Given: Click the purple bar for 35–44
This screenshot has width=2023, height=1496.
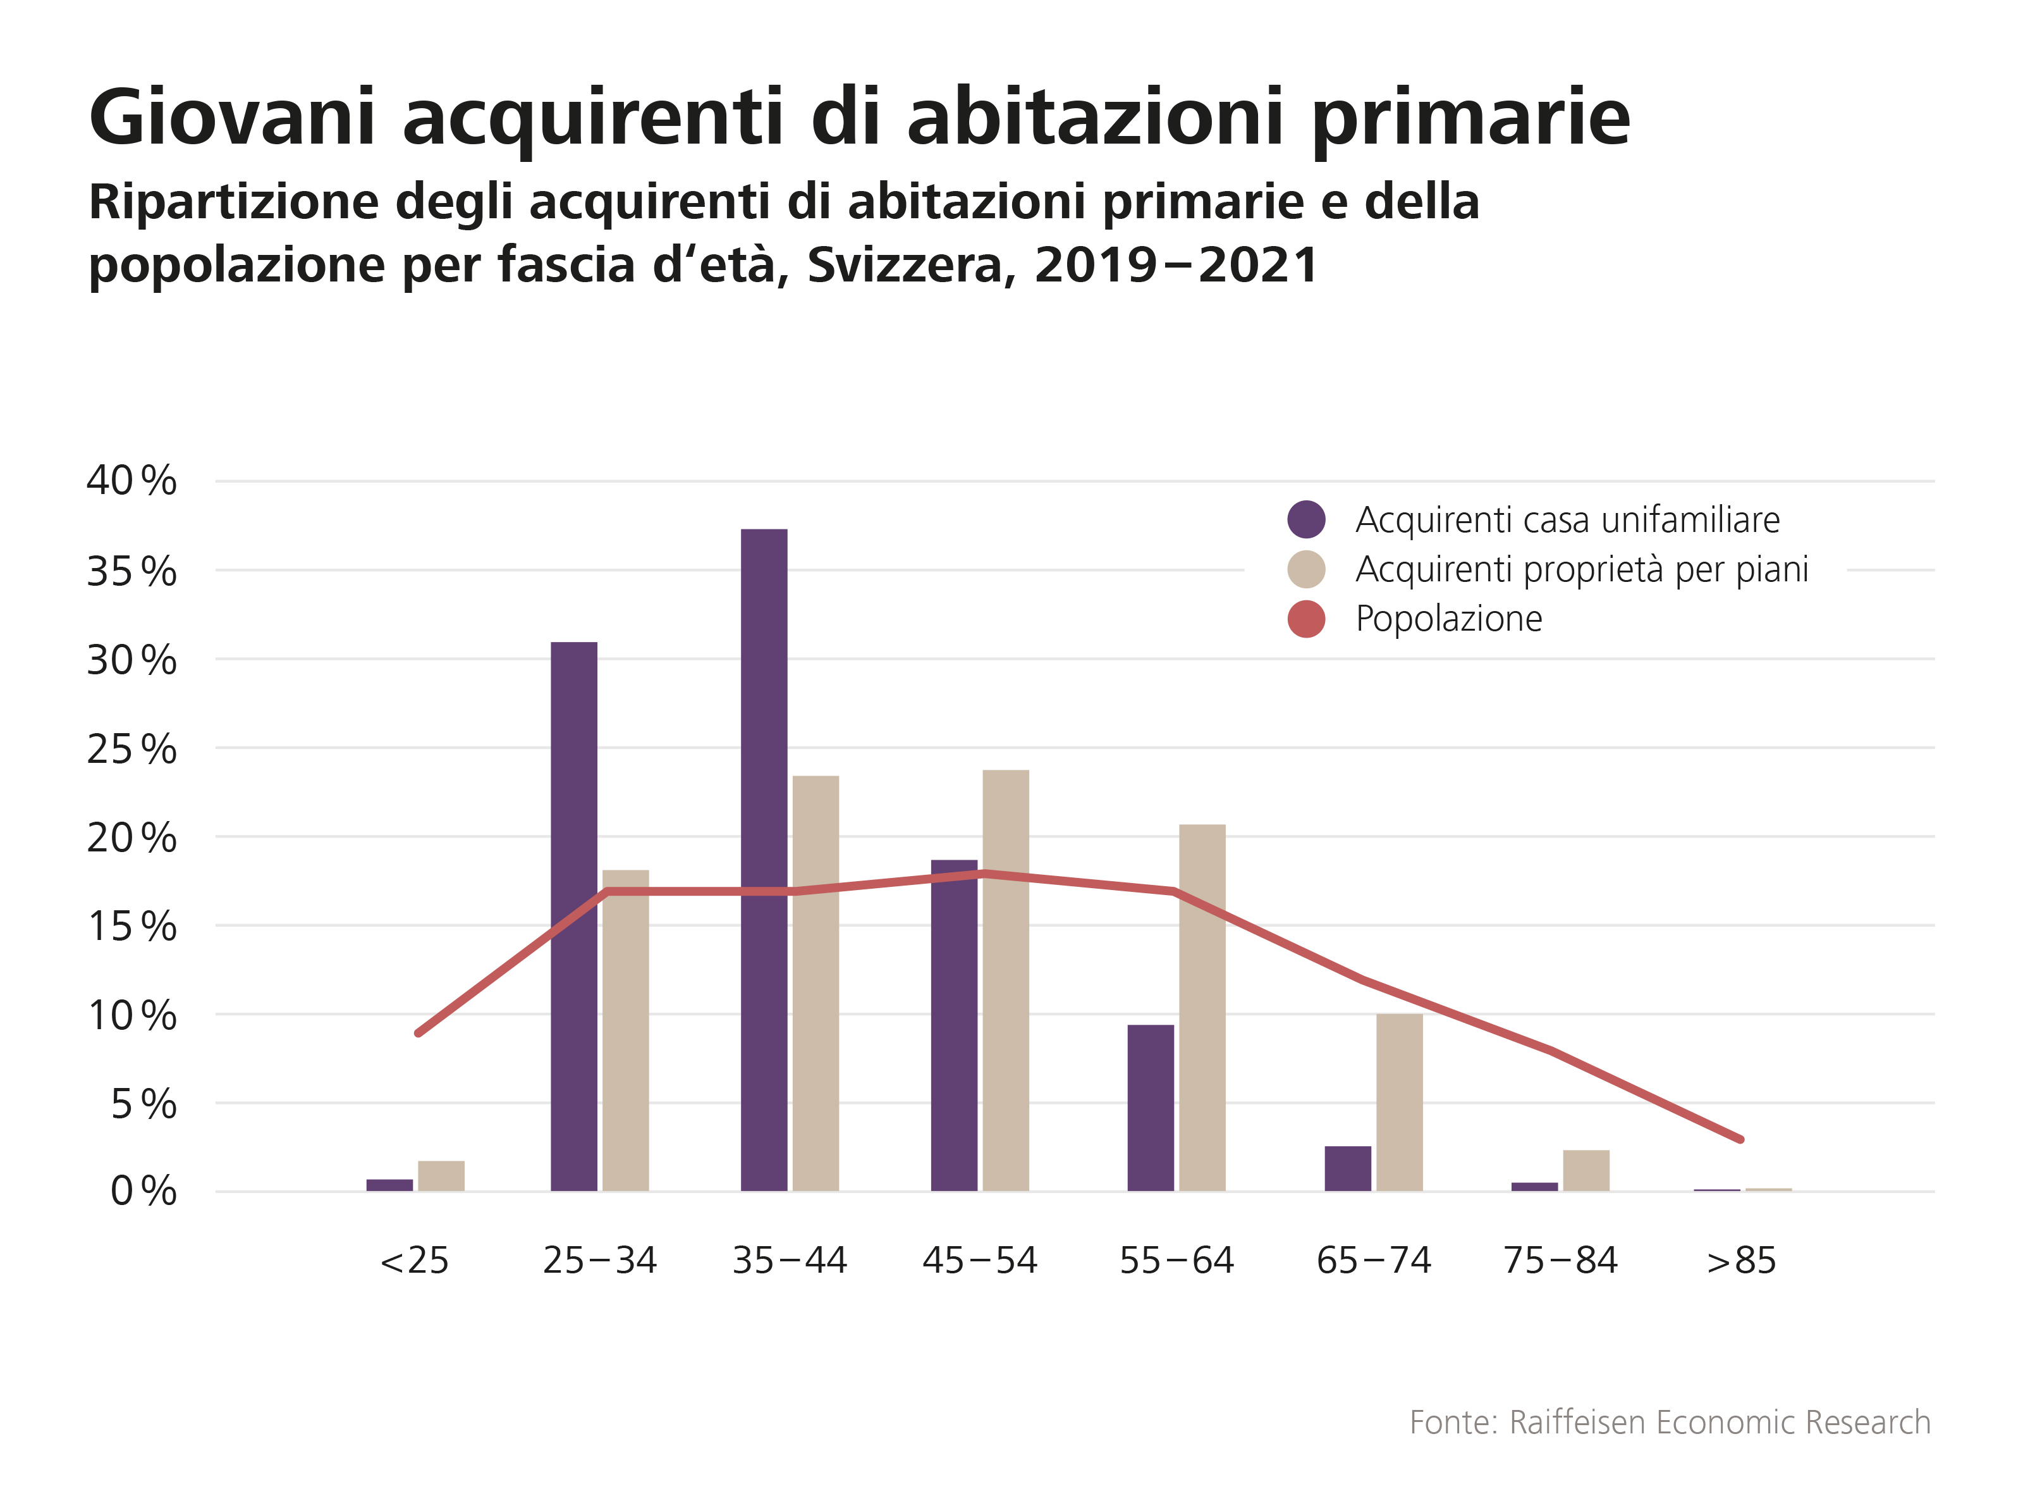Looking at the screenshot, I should pos(763,860).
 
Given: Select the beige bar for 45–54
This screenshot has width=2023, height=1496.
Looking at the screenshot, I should pos(1006,980).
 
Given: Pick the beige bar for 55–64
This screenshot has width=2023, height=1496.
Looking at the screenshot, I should pos(1202,1007).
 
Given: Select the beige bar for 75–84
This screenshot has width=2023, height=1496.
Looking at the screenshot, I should pos(1586,1170).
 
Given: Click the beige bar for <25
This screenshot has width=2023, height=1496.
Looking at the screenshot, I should pos(441,1175).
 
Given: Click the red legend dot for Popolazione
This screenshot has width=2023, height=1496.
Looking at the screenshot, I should pos(1306,619).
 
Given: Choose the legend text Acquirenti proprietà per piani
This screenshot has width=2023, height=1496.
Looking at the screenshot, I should pos(1581,569).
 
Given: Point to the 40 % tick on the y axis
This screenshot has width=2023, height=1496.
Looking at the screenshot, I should pos(131,481).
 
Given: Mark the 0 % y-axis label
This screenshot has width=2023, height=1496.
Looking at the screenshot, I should pos(143,1192).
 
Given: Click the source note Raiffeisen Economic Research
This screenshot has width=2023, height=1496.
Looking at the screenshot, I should pos(1720,1423).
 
